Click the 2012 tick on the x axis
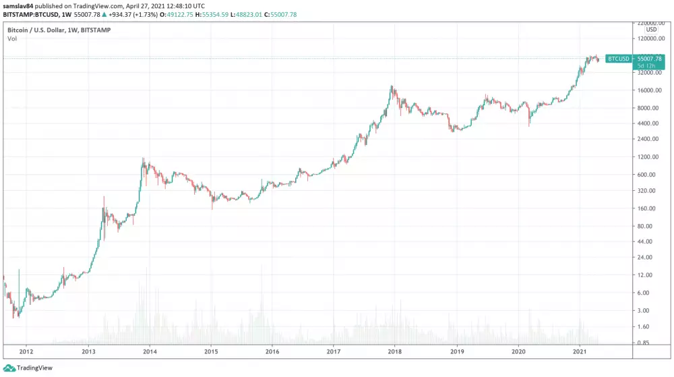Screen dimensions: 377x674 (26, 351)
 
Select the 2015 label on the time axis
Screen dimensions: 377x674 (212, 351)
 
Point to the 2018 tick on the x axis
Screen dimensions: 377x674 (396, 351)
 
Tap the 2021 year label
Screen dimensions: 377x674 (580, 351)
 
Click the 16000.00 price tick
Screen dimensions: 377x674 (647, 90)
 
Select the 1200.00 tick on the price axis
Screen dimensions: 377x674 (647, 157)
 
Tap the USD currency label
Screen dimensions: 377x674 (651, 30)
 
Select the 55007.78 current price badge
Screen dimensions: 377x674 (650, 59)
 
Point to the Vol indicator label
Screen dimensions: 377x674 (12, 39)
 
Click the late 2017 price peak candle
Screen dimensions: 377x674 (392, 88)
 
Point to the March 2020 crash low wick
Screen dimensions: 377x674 (529, 125)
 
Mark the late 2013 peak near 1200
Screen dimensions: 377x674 (143, 160)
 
